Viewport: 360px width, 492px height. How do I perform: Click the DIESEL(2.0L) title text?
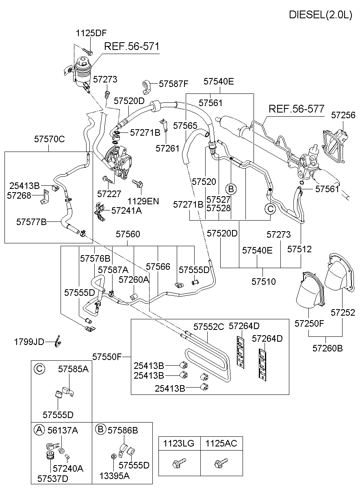320,15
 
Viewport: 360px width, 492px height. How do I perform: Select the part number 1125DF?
91,33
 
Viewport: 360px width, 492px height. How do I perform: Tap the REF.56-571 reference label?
132,46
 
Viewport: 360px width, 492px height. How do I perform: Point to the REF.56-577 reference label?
297,109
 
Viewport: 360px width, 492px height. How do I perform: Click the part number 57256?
343,115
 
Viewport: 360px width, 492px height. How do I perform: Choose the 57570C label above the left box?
49,139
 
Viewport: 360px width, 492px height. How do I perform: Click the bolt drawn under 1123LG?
179,462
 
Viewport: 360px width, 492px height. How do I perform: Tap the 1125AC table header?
221,443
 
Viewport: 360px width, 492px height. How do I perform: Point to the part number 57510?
263,281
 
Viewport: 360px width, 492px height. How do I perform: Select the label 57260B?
328,348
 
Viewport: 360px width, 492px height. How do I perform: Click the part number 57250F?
309,323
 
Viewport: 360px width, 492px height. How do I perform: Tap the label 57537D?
53,478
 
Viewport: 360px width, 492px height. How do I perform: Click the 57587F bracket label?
173,84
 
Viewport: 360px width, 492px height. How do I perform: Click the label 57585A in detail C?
73,369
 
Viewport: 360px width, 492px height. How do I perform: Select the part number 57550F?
107,357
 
